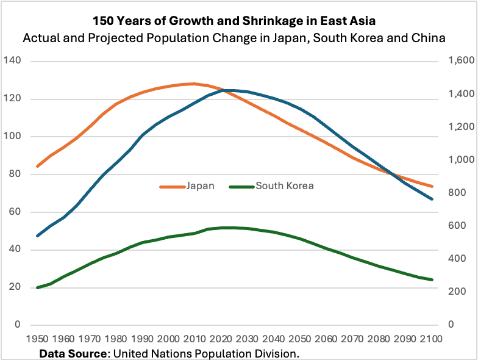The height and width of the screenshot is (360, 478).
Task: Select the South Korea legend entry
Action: tap(284, 186)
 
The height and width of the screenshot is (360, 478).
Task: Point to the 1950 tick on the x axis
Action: tap(38, 338)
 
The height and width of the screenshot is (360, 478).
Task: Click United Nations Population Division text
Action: tap(207, 353)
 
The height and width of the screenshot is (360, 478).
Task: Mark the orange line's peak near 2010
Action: tap(194, 84)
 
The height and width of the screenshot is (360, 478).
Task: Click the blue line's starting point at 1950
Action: tap(38, 236)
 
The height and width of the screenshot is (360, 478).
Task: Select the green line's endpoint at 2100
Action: tap(432, 279)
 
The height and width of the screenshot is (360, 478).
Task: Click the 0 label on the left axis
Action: tap(18, 325)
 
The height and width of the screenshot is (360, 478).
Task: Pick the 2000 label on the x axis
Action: tap(169, 338)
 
